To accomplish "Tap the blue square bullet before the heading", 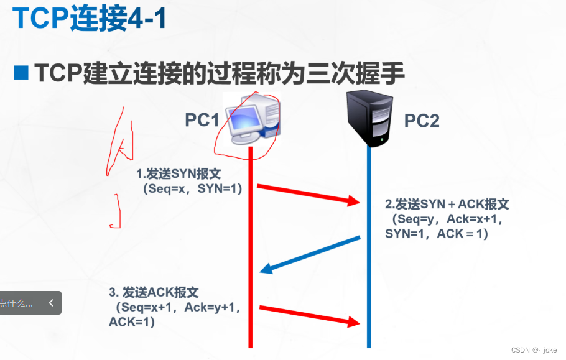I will point(21,73).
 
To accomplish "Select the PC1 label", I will point(203,120).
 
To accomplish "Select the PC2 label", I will point(422,121).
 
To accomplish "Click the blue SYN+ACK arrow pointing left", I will point(310,253).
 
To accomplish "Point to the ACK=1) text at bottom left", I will point(131,322).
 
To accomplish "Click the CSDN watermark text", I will point(534,350).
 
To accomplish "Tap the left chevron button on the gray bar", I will point(51,303).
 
